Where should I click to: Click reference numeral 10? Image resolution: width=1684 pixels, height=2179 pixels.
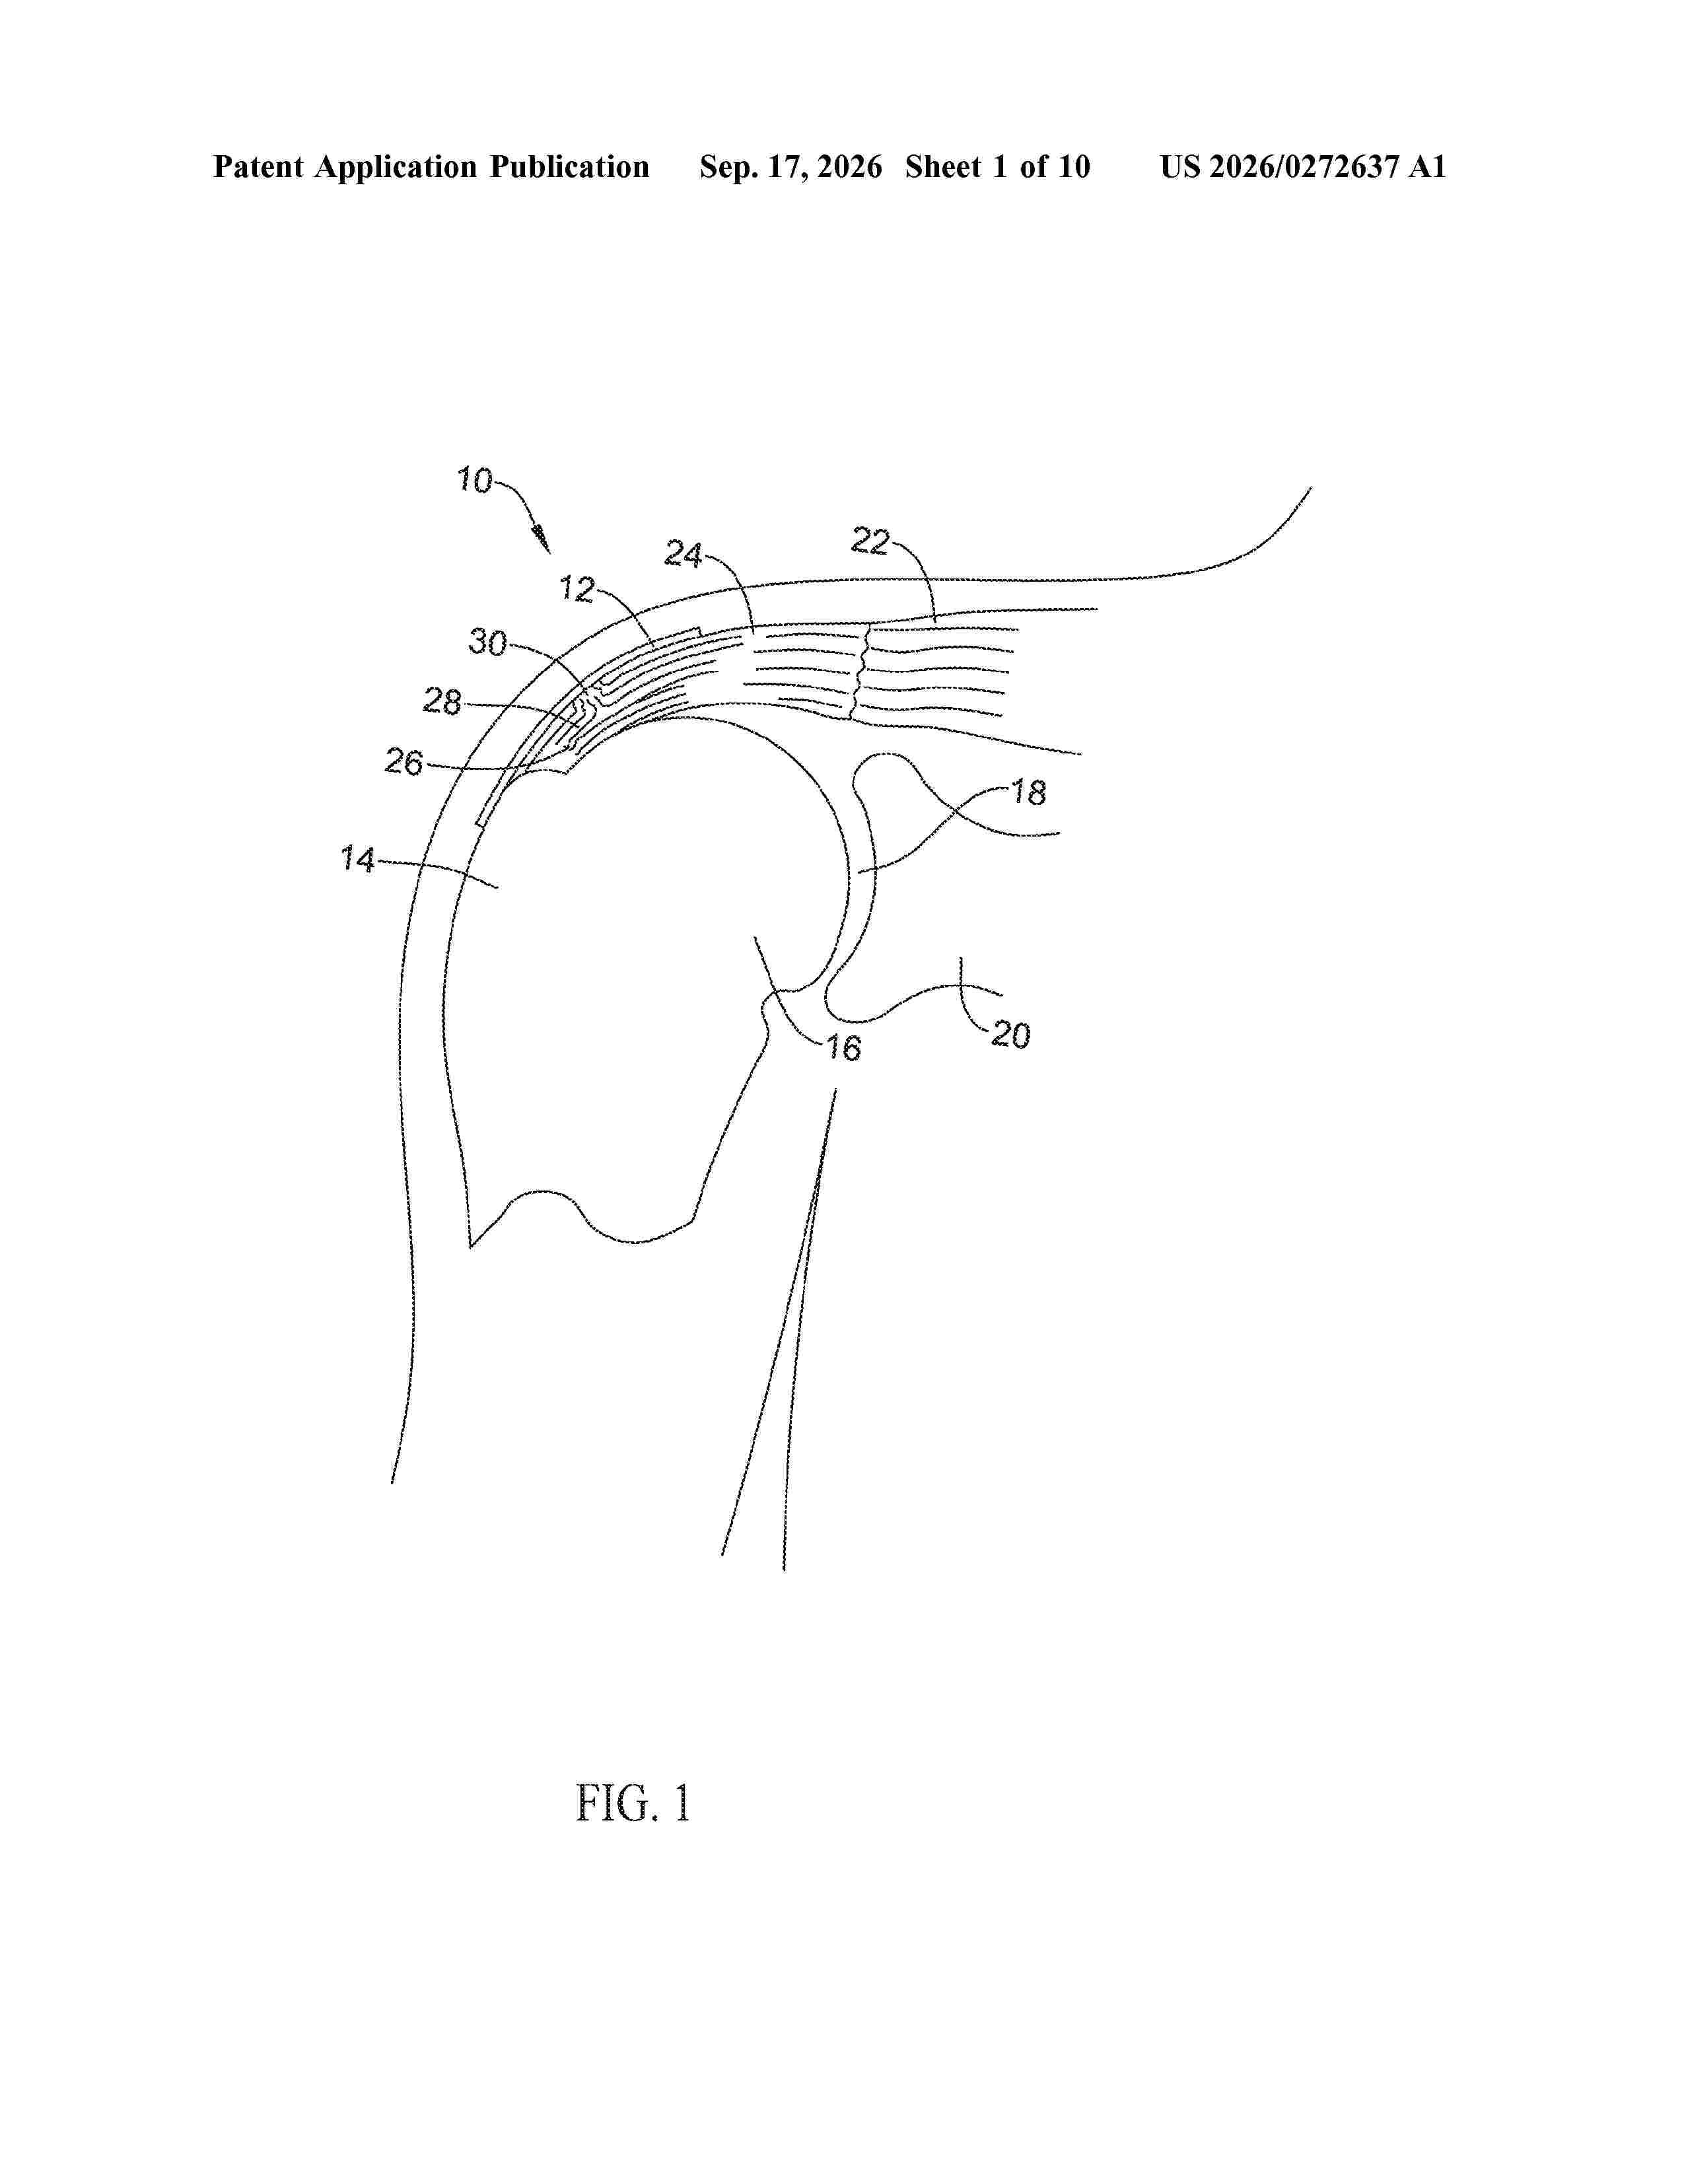tap(475, 480)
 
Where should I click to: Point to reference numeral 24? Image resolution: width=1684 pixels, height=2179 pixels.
tap(684, 554)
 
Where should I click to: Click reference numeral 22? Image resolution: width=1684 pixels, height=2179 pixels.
tap(870, 541)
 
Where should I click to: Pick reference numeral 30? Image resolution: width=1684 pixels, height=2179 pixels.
tap(488, 642)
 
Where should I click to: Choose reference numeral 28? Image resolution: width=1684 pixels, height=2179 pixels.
tap(442, 701)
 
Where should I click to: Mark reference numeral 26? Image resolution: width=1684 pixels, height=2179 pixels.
tap(404, 762)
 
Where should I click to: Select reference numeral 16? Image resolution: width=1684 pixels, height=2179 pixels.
tap(843, 1048)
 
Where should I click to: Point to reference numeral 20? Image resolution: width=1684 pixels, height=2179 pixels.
tap(1010, 1035)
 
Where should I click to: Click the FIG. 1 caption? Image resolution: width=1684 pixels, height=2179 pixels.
tap(633, 1803)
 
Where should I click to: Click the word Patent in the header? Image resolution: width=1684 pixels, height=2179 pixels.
tap(260, 166)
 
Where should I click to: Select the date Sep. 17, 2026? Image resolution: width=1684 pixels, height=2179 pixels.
tap(790, 166)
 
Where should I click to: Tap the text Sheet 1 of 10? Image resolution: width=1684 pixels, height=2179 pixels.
tap(998, 166)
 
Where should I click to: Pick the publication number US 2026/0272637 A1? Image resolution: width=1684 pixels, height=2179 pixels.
tap(1303, 166)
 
